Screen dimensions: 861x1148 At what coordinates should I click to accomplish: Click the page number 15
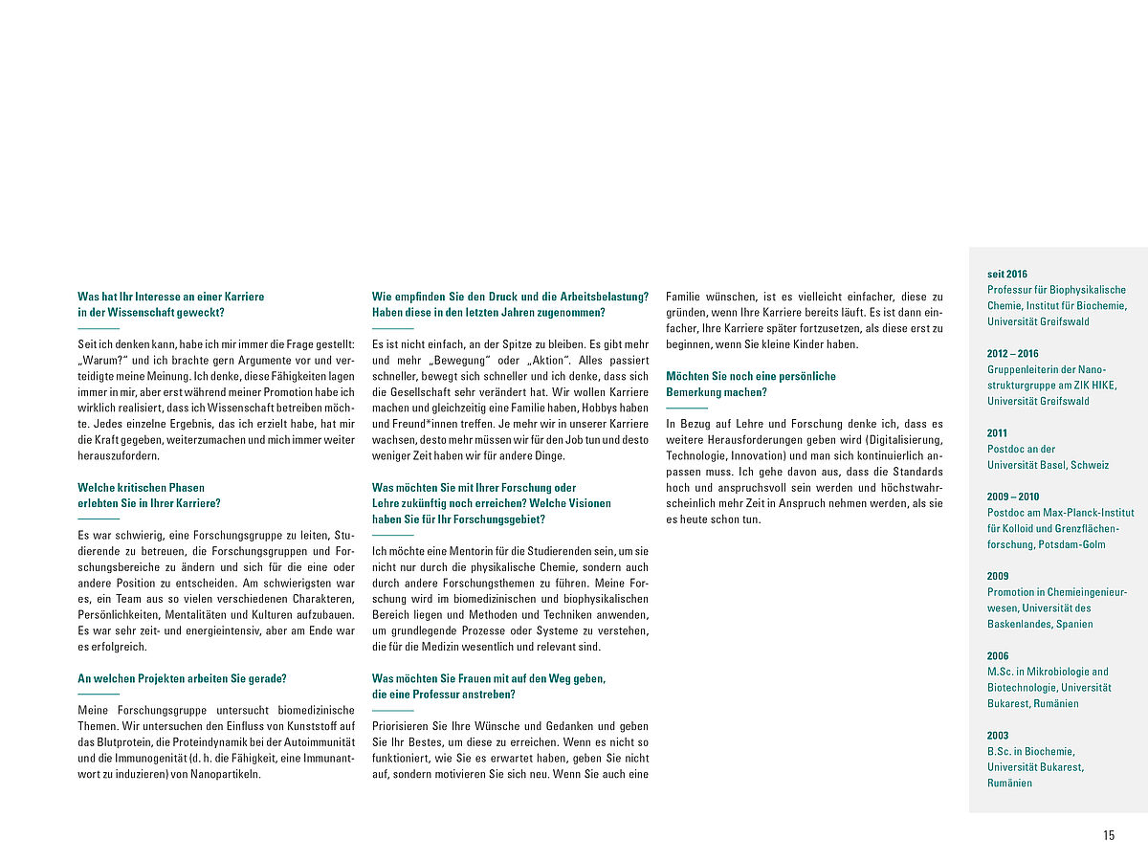[1109, 835]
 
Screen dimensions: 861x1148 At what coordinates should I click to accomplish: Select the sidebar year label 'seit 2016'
[1007, 274]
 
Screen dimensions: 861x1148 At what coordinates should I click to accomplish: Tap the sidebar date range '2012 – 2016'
[1012, 353]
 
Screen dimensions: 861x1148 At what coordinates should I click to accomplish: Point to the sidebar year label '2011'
[998, 432]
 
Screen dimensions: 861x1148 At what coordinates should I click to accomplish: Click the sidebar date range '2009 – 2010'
[1013, 497]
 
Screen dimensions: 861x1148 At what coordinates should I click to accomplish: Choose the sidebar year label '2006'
[999, 655]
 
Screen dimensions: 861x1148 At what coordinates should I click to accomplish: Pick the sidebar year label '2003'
[999, 735]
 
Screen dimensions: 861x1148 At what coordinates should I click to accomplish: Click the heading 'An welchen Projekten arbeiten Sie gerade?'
[182, 678]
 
